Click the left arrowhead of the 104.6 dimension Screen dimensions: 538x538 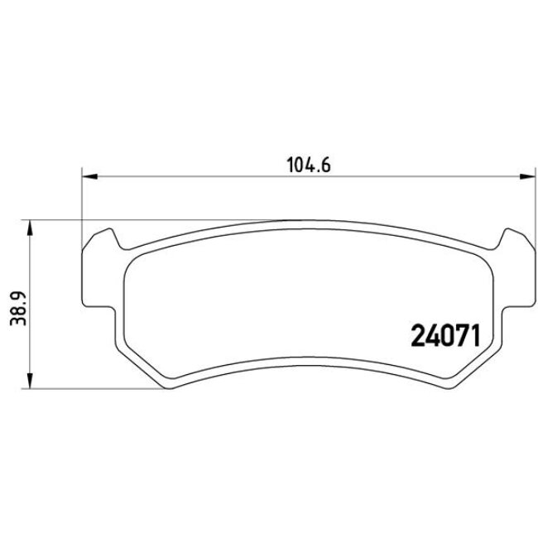[x=88, y=175]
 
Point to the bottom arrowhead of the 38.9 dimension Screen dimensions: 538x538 [x=31, y=382]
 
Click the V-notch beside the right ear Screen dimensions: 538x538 [x=497, y=247]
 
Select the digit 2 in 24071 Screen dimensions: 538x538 [x=418, y=335]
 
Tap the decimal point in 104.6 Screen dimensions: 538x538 [x=319, y=169]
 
